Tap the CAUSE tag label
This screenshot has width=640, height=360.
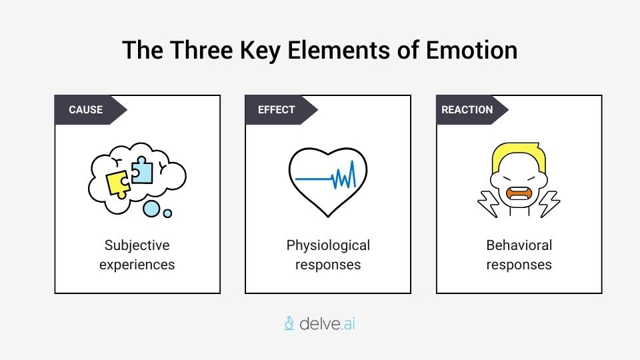tap(85, 109)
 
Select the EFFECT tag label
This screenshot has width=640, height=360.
tap(276, 109)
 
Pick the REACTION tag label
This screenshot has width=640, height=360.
tap(467, 109)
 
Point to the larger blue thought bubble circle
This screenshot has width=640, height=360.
tap(152, 209)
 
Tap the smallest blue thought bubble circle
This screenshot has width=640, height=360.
tap(167, 213)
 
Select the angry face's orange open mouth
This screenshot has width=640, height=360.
tap(518, 194)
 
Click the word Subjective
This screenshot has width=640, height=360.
tap(137, 245)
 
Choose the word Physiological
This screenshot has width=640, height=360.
tap(328, 245)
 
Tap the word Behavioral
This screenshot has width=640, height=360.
tap(519, 245)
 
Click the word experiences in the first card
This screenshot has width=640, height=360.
tap(137, 265)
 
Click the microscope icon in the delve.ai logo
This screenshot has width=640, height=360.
tap(289, 324)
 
